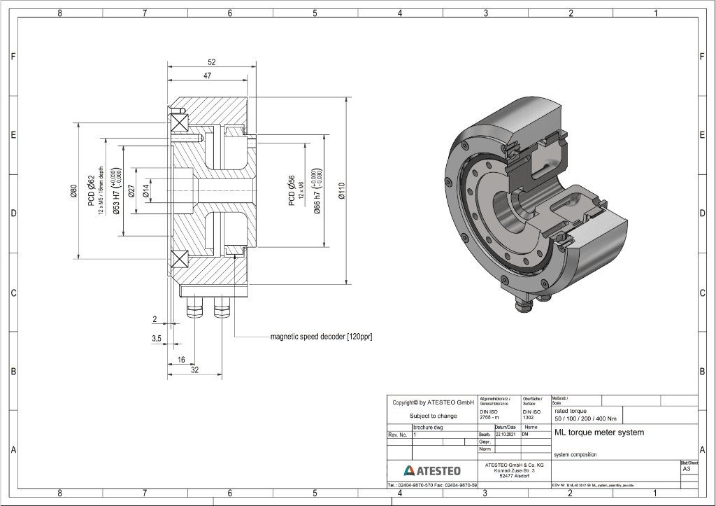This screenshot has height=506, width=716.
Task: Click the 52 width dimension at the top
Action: (211, 62)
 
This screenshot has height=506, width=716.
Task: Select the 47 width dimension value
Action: (207, 75)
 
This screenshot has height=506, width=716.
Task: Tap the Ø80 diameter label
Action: (73, 191)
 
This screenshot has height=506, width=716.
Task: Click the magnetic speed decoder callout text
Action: (321, 337)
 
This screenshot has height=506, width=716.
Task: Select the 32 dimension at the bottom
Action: (195, 370)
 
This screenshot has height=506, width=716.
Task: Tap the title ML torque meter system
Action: (599, 433)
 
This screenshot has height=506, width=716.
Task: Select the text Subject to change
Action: (433, 416)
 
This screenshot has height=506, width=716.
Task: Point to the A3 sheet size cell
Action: (686, 470)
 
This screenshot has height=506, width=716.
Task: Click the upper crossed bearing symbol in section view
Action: (180, 122)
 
